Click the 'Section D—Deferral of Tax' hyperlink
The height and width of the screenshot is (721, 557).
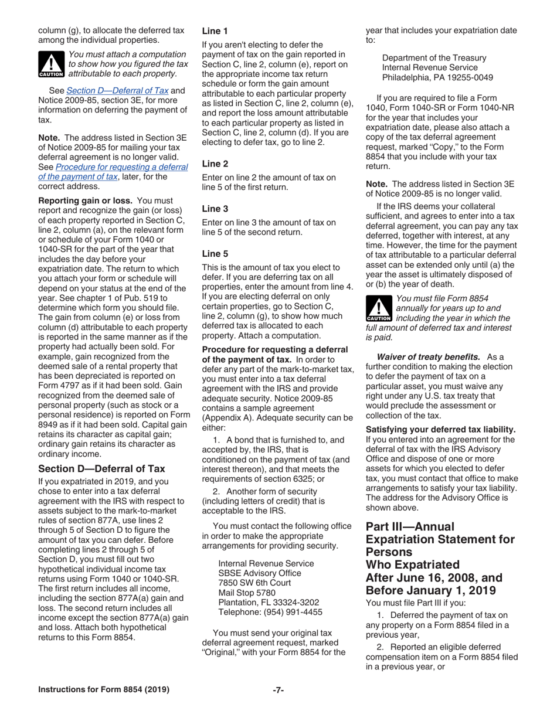(117, 90)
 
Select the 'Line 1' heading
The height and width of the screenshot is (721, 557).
(215, 30)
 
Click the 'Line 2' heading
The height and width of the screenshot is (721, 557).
(215, 164)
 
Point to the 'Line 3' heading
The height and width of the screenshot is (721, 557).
(215, 209)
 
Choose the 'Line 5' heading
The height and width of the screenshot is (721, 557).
(215, 253)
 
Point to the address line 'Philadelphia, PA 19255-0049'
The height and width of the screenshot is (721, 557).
(437, 77)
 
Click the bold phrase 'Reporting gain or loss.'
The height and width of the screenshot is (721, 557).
(85, 200)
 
